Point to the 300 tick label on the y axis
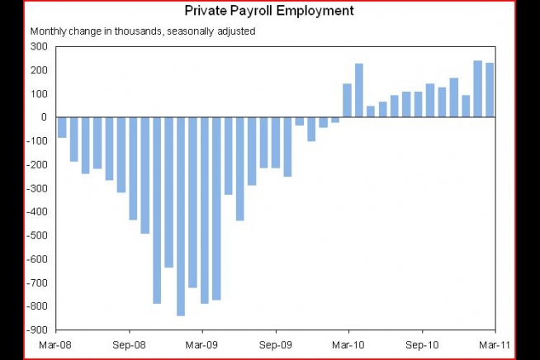[39, 46]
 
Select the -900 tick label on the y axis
[37, 329]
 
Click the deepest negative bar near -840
[181, 216]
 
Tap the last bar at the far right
[490, 90]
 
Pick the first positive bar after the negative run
[347, 100]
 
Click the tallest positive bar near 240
[477, 89]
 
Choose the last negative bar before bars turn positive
[335, 120]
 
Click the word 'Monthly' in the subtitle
[48, 31]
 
